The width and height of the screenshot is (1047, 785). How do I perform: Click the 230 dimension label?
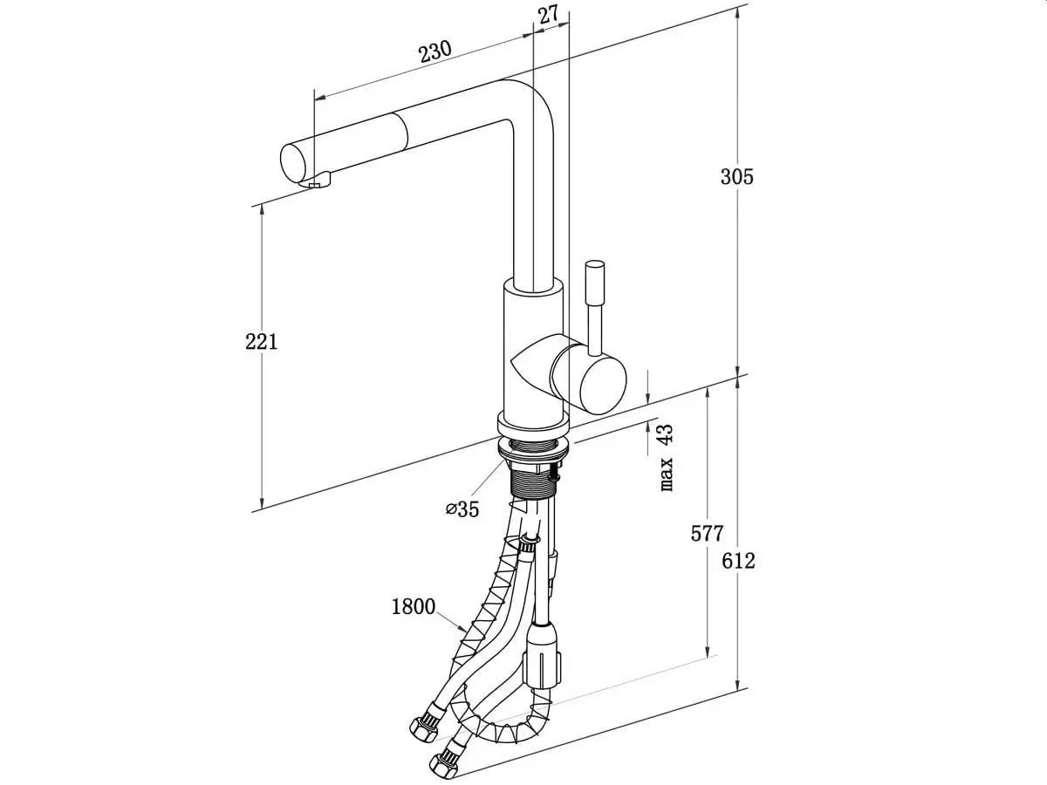pyautogui.click(x=434, y=51)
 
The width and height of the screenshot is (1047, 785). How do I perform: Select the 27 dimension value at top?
pyautogui.click(x=548, y=14)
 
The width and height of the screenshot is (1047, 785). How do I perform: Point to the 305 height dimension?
pyautogui.click(x=736, y=176)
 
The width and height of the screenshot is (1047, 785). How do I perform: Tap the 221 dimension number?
pyautogui.click(x=261, y=341)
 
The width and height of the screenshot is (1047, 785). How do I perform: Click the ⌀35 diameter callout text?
pyautogui.click(x=462, y=509)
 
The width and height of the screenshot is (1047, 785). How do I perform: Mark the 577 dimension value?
pyautogui.click(x=707, y=533)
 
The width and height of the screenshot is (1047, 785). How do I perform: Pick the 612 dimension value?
pyautogui.click(x=737, y=561)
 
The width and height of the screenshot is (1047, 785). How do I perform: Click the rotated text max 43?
pyautogui.click(x=665, y=457)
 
